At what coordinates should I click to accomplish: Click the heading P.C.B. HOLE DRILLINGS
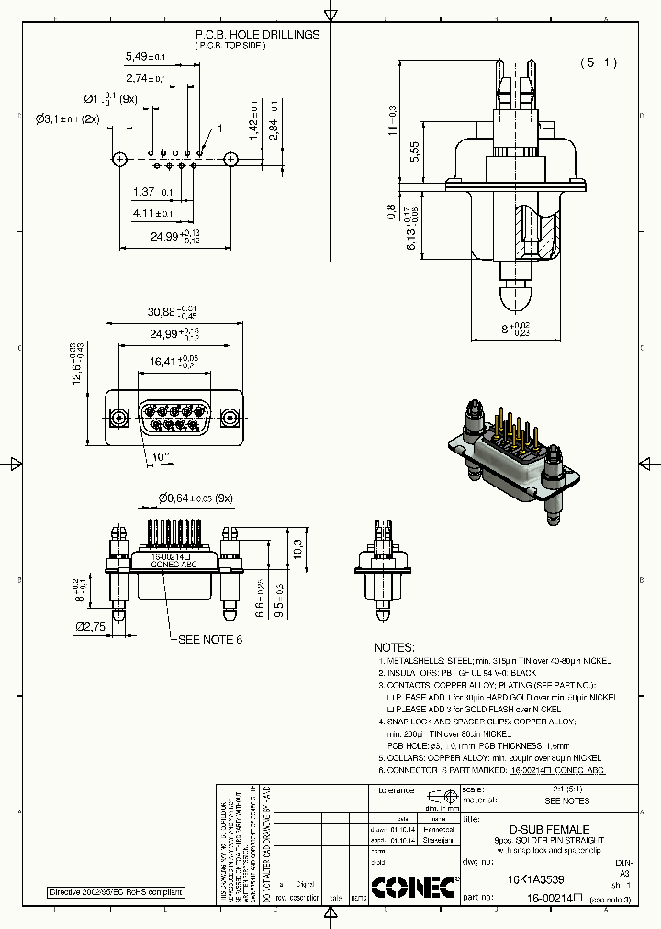click(257, 34)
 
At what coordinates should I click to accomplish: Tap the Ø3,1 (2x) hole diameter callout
click(68, 118)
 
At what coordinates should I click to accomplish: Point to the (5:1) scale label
click(599, 63)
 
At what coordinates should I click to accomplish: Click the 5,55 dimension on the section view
click(414, 151)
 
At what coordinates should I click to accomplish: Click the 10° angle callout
click(161, 456)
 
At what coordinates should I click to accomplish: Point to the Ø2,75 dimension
click(90, 626)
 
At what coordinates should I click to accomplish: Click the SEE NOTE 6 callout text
click(209, 639)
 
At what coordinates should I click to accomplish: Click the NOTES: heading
click(395, 647)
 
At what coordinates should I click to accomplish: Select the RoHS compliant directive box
click(116, 892)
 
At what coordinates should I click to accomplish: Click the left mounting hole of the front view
click(118, 419)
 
